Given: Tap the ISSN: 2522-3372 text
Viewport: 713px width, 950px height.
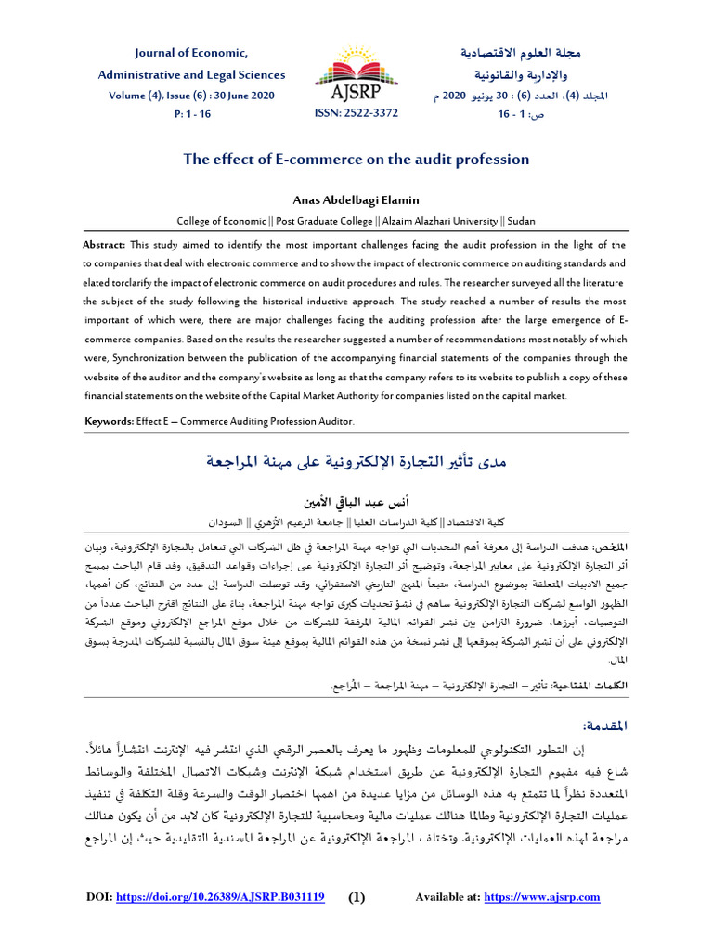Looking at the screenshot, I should (356, 113).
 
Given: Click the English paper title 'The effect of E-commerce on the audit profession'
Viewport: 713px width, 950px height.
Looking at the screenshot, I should (356, 160).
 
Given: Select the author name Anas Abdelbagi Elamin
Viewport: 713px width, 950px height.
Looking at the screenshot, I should (356, 200).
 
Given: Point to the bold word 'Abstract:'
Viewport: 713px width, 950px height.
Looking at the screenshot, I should (105, 245).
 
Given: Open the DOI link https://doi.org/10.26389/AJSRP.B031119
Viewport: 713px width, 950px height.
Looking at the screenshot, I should (218, 897).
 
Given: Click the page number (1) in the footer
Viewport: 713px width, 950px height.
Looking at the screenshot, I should (357, 897).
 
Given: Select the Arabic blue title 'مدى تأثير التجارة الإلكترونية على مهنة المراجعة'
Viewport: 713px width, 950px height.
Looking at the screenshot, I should (356, 460).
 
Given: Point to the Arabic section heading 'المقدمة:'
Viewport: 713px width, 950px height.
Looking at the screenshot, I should (608, 725).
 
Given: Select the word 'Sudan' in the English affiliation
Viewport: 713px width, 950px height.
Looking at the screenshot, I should (519, 221).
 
